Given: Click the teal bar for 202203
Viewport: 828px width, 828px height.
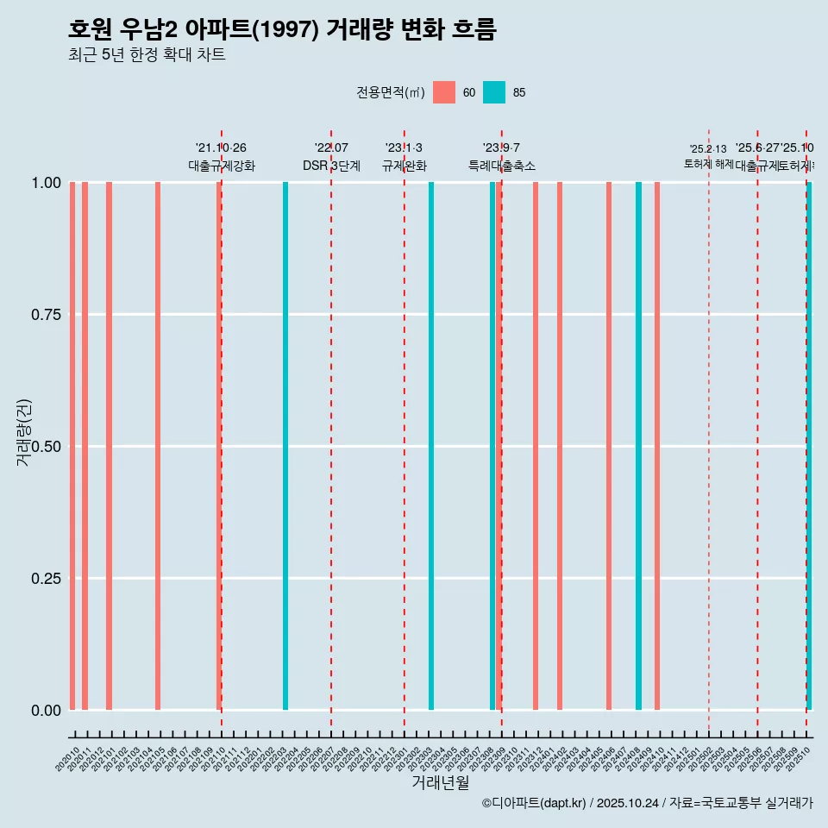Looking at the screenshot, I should coord(285,446).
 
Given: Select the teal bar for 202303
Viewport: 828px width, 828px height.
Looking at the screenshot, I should coord(431,446).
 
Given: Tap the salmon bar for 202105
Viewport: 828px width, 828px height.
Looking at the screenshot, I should coord(158,446).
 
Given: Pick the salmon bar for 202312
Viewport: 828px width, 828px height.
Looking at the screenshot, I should coord(536,446).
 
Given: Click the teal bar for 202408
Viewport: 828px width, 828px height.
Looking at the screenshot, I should coord(638,446).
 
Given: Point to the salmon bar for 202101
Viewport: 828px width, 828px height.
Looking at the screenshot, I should coord(110,446).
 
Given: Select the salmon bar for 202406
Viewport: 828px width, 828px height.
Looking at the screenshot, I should coord(609,446).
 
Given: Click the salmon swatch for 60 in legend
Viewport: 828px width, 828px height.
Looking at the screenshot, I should coord(444,92).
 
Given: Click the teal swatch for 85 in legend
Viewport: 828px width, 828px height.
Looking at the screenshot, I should coord(494,92).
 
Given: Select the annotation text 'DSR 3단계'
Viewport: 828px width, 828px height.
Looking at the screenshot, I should coord(331,166).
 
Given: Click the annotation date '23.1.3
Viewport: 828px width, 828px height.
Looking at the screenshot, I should coord(404,148).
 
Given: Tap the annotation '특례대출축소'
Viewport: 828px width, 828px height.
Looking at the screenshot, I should coord(502,166).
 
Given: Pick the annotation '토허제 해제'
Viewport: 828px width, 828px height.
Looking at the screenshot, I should coord(708,163).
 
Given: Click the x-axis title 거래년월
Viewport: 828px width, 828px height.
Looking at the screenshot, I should coord(440,783).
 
